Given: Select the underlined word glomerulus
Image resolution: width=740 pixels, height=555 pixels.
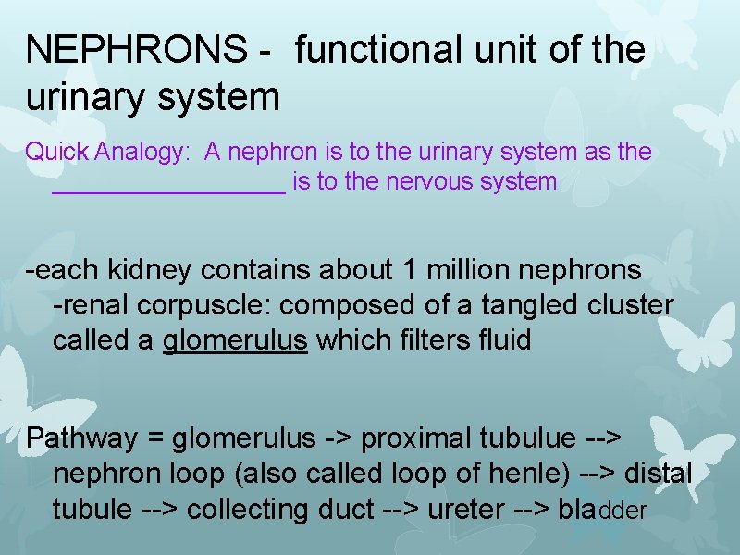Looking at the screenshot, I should (234, 340).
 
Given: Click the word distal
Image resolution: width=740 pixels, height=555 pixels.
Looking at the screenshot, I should (658, 473).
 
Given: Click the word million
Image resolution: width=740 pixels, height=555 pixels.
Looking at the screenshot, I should (468, 270).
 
